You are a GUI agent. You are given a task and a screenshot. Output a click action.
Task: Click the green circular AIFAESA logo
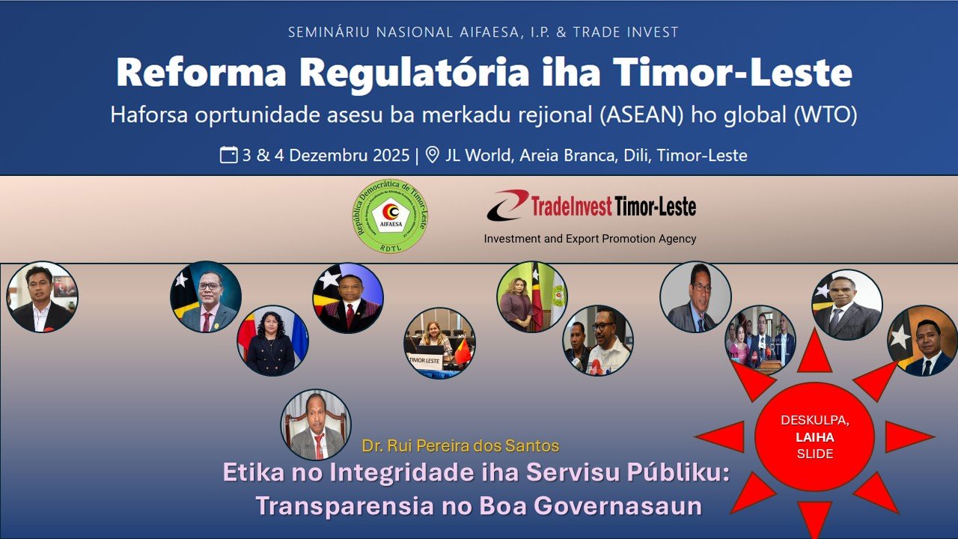coord(390,216)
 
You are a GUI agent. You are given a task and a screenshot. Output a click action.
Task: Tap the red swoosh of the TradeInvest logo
coord(507,204)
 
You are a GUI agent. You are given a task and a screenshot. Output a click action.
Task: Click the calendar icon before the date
coord(228,155)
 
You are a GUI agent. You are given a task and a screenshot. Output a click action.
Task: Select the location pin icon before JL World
coord(432,155)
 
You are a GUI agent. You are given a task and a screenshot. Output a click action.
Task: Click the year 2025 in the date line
coord(391,156)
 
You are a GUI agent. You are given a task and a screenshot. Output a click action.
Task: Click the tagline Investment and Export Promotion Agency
coord(590,239)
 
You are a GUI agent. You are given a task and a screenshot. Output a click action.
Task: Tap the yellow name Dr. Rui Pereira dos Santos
coord(460,446)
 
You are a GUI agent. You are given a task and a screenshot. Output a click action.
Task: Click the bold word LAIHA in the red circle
coord(814,437)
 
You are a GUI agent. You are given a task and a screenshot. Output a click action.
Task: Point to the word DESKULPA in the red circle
coord(814,421)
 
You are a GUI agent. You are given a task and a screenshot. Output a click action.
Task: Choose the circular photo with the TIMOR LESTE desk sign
coord(439,343)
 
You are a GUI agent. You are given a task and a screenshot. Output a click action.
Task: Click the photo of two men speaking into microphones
coord(598,340)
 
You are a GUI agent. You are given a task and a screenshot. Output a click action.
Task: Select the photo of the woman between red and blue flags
coord(272,341)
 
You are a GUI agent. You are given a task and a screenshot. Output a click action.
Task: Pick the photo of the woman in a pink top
coord(531,296)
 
